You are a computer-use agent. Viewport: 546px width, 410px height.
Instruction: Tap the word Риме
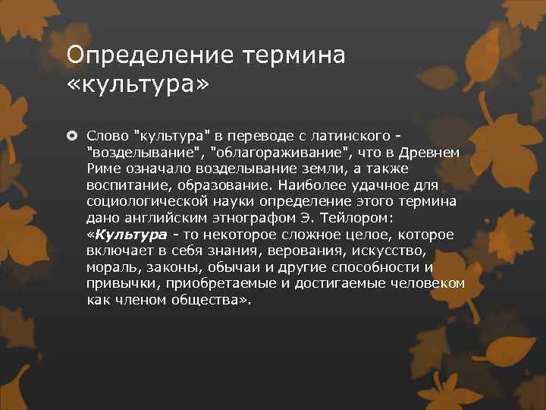coord(102,169)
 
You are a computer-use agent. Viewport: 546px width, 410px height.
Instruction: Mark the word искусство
coord(384,251)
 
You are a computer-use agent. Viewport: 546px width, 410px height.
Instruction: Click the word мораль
coord(110,267)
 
